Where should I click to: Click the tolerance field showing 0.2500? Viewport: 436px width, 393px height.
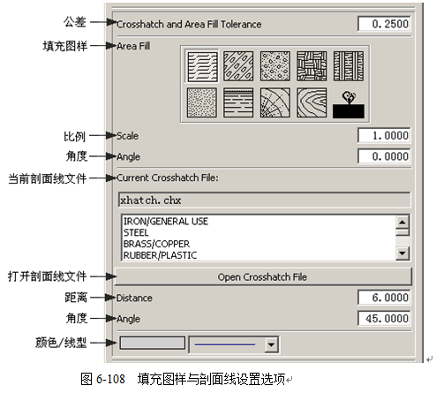[384, 24]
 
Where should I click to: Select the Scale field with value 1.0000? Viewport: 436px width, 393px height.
[384, 135]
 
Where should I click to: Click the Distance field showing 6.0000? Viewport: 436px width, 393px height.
[384, 298]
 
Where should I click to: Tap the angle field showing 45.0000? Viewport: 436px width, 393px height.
[384, 318]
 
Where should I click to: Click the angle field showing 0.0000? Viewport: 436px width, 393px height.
[384, 156]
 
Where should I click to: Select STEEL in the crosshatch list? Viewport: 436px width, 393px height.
[136, 233]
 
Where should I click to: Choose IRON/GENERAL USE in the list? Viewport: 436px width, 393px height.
[166, 222]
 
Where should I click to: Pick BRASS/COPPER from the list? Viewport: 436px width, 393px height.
[156, 244]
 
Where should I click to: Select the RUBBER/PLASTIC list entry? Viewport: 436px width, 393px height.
[160, 255]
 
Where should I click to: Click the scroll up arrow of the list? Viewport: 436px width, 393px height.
[402, 222]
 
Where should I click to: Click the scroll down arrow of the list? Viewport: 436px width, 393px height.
[402, 253]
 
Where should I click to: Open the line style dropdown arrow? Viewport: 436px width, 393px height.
[271, 344]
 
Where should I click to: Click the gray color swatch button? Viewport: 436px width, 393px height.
[152, 343]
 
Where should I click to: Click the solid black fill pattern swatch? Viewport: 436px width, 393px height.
[349, 111]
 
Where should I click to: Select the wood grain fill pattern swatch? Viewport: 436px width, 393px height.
[312, 102]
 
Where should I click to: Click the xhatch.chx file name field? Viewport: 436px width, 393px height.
[264, 200]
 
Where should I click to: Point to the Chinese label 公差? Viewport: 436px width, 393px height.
[75, 22]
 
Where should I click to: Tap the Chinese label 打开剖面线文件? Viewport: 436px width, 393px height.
[47, 276]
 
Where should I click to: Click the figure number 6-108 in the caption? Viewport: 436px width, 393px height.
[110, 379]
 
